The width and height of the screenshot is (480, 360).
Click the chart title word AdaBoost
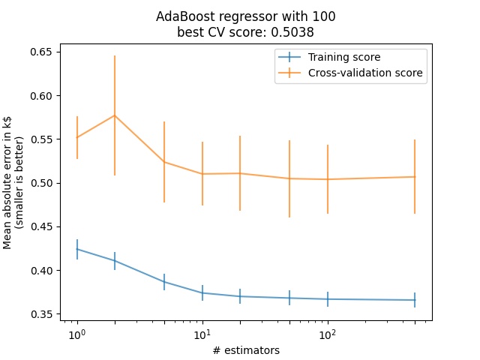[x=181, y=16]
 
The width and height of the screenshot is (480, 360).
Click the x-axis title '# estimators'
[x=246, y=349]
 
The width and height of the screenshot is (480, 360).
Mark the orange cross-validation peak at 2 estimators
[x=114, y=115]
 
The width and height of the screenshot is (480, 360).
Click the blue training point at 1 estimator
[x=76, y=249]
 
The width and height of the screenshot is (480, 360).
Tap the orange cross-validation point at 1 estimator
[x=76, y=137]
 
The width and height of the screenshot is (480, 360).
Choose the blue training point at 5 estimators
[x=164, y=282]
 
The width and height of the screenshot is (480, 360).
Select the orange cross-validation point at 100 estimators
[x=327, y=179]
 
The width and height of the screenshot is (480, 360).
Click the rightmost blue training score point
[x=415, y=300]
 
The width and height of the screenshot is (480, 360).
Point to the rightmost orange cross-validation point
[x=415, y=177]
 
